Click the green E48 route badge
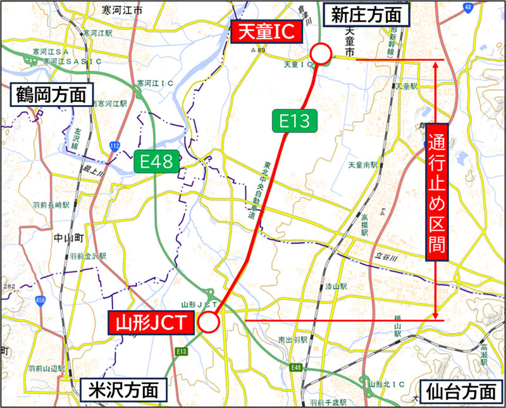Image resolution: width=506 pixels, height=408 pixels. tap(156, 163)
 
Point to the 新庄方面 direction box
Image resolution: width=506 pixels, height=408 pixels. tap(367, 13)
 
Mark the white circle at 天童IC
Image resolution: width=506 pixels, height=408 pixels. tap(321, 54)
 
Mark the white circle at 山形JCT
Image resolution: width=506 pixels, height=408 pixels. tap(209, 323)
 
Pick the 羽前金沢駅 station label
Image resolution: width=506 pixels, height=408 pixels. tap(88, 256)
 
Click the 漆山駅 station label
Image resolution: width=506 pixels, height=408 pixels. tap(335, 286)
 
